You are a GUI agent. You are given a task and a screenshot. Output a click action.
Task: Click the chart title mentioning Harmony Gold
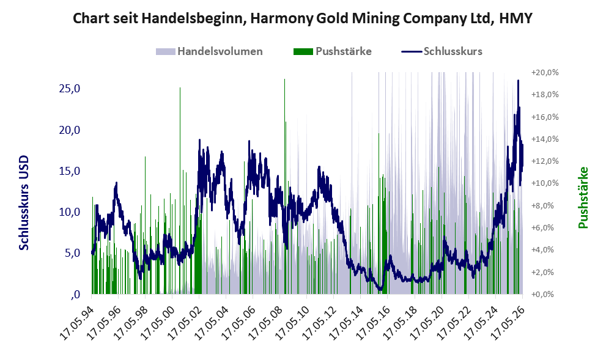click(303, 18)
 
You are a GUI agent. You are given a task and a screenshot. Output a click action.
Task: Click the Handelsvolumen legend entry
click(209, 51)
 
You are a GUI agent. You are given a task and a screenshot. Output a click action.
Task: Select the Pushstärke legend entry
click(333, 51)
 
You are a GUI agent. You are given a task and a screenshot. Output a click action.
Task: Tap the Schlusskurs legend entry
click(442, 51)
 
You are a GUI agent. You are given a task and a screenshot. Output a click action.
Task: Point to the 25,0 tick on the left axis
click(70, 89)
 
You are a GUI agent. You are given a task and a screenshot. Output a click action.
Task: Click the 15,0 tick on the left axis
click(70, 171)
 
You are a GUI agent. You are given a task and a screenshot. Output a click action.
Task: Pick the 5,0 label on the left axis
click(72, 253)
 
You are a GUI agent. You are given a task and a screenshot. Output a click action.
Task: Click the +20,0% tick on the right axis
click(545, 73)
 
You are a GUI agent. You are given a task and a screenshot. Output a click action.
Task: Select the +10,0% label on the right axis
click(545, 183)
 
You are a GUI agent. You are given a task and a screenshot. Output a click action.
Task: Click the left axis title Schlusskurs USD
click(24, 203)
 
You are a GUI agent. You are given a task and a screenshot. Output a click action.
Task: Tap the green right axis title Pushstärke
click(583, 197)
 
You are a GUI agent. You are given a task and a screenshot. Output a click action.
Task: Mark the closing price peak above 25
click(519, 81)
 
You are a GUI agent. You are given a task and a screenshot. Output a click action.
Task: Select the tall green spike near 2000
click(180, 191)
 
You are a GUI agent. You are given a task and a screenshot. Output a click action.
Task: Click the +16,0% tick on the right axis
click(545, 117)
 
